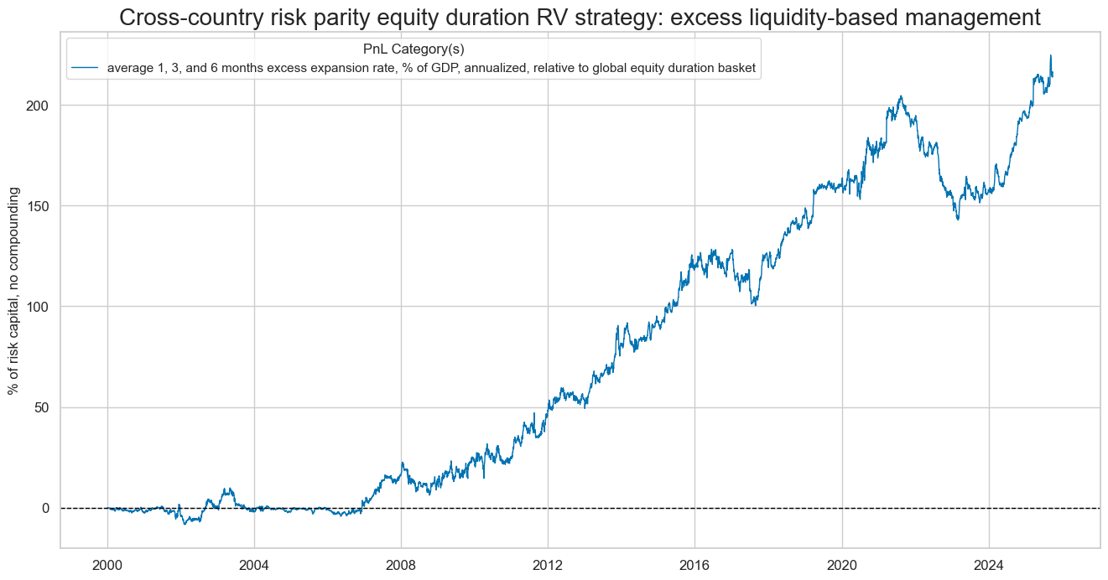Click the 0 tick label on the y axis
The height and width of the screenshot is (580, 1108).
tap(47, 508)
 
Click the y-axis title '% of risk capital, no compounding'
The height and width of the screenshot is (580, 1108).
tap(13, 291)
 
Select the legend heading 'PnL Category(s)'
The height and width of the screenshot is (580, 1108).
tap(414, 49)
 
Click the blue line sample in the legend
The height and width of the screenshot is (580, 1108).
tap(86, 68)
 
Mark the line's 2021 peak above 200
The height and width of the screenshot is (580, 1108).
tap(900, 96)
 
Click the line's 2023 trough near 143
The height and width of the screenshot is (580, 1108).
tap(958, 220)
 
